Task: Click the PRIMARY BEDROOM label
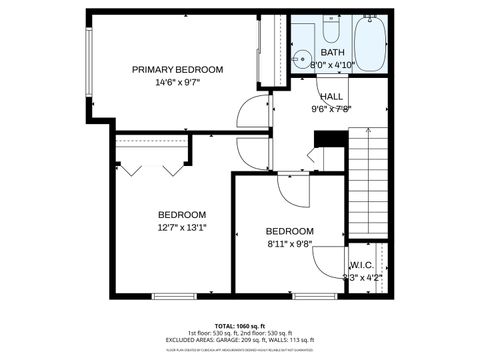[x=178, y=69]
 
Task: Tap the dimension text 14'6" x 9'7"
[x=178, y=82]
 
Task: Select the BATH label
[x=333, y=52]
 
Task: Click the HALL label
[x=332, y=97]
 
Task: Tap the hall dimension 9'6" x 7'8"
[x=332, y=109]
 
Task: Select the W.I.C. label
[x=362, y=265]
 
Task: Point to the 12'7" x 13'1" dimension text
[x=182, y=228]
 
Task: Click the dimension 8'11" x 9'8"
[x=290, y=243]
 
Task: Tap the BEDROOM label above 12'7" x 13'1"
[x=182, y=214]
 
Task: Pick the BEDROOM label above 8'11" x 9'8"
[x=290, y=230]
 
